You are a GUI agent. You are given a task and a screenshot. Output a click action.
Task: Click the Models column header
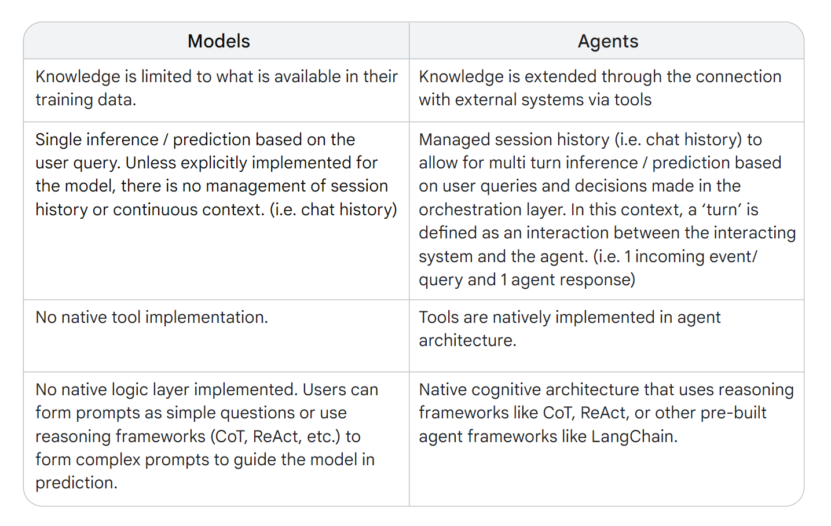click(218, 41)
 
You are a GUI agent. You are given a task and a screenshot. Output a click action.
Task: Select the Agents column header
click(608, 41)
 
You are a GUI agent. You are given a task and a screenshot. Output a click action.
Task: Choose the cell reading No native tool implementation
click(151, 317)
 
